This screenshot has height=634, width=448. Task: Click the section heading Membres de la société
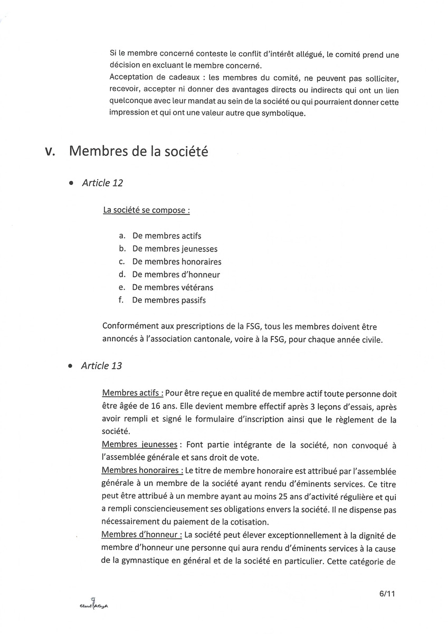click(x=139, y=152)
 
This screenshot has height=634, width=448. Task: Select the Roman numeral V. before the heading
click(x=51, y=152)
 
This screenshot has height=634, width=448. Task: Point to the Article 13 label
click(x=102, y=366)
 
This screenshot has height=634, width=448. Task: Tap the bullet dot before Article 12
click(x=71, y=184)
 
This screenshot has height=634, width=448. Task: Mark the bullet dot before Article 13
click(x=71, y=367)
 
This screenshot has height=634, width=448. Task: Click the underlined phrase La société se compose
click(x=146, y=210)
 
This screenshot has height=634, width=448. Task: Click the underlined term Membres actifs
click(x=132, y=394)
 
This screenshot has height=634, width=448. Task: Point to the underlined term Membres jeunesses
click(x=139, y=445)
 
